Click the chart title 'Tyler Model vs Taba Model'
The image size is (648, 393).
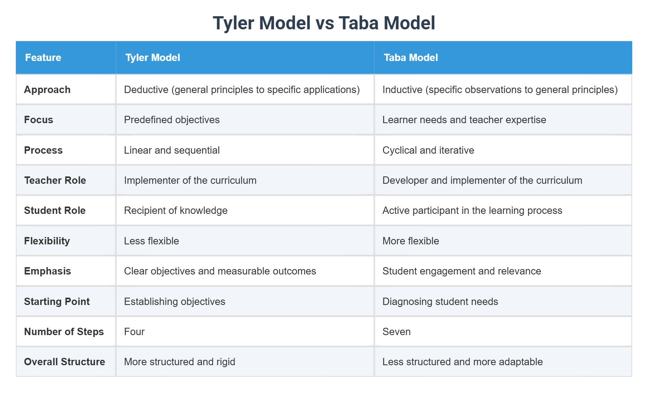coord(324,23)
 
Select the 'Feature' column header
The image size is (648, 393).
coord(43,58)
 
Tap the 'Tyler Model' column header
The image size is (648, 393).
coord(153,58)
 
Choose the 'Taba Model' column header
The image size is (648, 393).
coord(411,58)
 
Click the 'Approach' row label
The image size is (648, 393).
coord(47,90)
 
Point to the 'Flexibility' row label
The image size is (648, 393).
coord(47,241)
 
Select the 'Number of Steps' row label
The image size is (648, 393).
coord(64,332)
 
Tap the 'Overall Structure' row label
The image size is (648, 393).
coord(64,362)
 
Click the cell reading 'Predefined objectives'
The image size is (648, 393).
coord(172,120)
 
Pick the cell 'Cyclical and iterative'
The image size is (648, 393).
coord(428,150)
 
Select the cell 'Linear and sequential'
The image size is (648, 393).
coord(172,150)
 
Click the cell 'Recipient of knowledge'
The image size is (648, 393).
coord(175,210)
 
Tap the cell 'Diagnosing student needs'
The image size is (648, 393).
coord(440,302)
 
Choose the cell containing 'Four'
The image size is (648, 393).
coord(134,332)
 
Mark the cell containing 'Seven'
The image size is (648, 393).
coord(397,332)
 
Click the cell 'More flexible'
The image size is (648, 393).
coord(411,241)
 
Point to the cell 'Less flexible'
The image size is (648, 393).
coord(152,241)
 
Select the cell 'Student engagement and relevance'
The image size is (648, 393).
coord(462,271)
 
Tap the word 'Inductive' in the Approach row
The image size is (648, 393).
coord(402,90)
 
